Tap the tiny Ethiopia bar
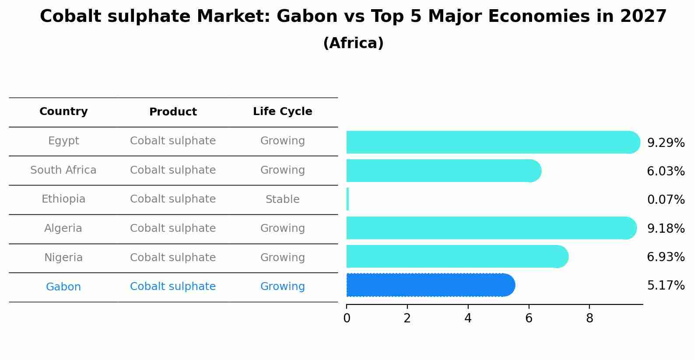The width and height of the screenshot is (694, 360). click(x=348, y=199)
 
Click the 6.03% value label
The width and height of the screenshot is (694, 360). click(x=666, y=171)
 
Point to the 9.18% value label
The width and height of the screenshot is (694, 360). click(x=666, y=228)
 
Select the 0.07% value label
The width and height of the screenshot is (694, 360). click(x=666, y=200)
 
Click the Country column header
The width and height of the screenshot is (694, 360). click(x=63, y=112)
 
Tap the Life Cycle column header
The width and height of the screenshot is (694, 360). click(x=282, y=112)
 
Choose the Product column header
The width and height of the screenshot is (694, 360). click(x=173, y=112)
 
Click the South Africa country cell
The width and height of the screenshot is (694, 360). click(x=63, y=170)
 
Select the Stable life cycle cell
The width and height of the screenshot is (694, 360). click(x=282, y=199)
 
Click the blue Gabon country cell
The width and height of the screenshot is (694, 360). click(x=63, y=287)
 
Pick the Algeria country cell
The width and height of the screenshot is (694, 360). click(x=63, y=228)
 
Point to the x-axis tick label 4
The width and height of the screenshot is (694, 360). click(x=468, y=318)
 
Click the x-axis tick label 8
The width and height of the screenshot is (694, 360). click(x=589, y=318)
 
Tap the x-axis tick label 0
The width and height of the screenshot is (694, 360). click(x=347, y=318)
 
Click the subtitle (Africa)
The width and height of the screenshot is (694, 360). click(x=353, y=43)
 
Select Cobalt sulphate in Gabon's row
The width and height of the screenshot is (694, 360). click(x=173, y=287)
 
